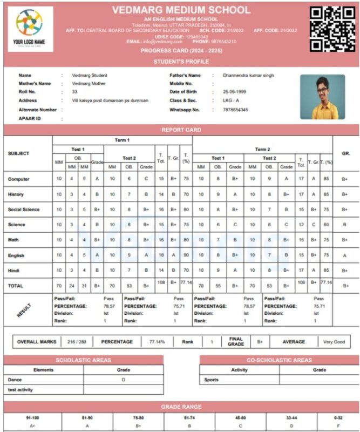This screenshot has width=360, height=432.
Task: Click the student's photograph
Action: pos(322,97)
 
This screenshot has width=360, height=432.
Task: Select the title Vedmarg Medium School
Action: pos(181,10)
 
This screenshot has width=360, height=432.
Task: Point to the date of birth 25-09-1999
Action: pos(235,92)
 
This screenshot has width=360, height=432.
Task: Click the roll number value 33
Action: pos(74,92)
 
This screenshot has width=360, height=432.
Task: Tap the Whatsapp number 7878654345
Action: pos(236,110)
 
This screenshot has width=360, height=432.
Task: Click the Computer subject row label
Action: pos(19,179)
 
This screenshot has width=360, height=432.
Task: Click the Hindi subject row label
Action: pos(15,269)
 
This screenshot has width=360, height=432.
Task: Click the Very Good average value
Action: pos(334,342)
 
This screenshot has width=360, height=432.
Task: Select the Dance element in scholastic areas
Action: pos(15,380)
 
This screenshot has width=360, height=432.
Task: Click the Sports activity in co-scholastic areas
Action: pos(212,380)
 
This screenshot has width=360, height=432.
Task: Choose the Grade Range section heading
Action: pos(181,407)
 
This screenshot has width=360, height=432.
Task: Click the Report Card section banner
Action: pos(181,130)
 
